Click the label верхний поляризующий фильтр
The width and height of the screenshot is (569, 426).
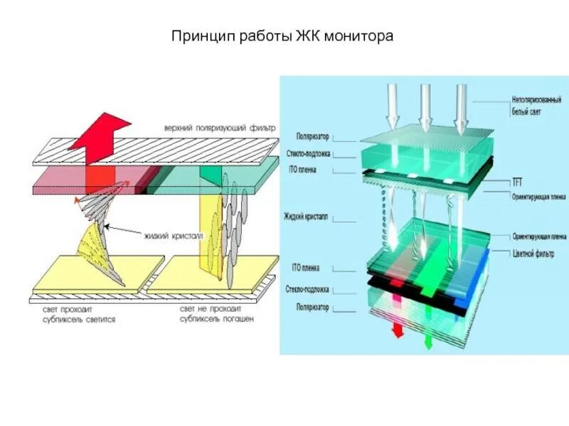point(218,128)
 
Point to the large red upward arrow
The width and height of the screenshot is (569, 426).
point(100,138)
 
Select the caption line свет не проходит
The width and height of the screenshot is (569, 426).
point(211,310)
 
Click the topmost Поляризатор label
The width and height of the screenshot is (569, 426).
point(312,136)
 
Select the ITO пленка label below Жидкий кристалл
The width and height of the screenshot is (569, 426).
point(306,268)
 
